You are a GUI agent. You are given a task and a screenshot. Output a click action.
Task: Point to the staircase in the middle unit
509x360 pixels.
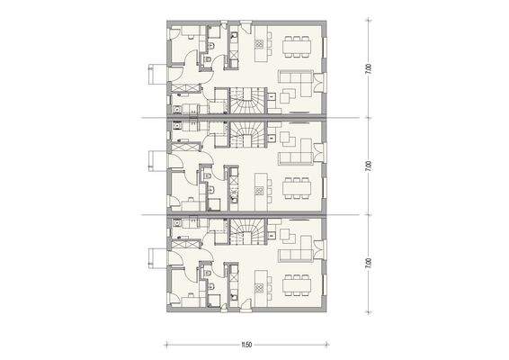click(x=246, y=135)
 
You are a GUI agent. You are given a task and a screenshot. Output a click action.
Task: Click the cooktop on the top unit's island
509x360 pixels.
click(x=259, y=41)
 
